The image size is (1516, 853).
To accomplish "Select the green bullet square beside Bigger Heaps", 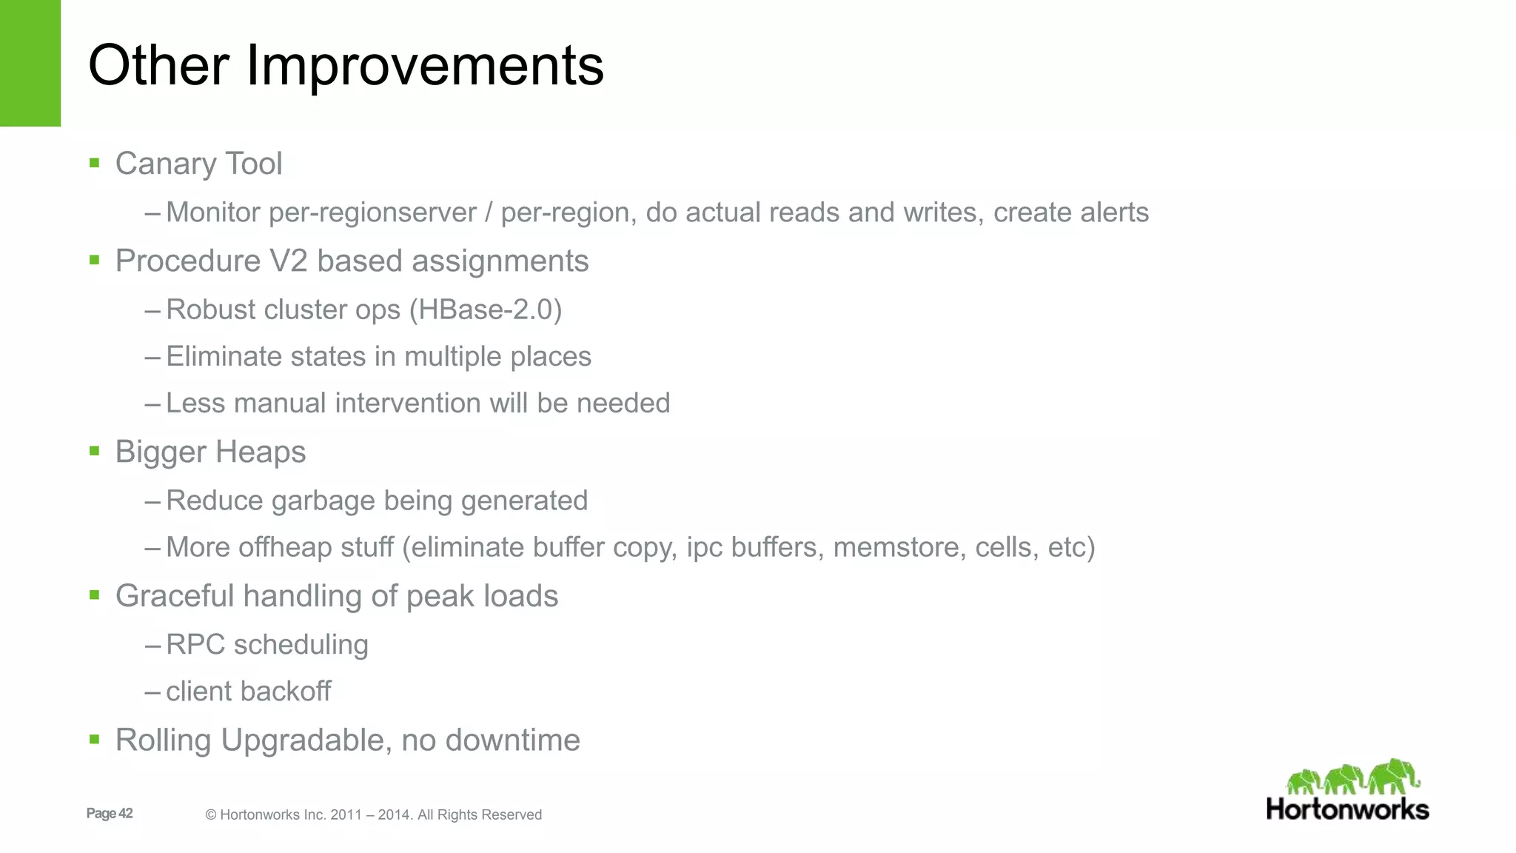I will [94, 451].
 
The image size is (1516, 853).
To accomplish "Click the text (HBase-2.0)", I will [490, 310].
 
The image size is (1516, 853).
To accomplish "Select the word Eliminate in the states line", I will [224, 356].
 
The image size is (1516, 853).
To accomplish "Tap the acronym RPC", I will [195, 644].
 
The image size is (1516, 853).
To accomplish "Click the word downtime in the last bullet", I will [512, 740].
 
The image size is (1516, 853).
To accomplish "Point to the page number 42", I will [126, 813].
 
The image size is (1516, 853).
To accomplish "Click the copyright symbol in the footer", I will [210, 815].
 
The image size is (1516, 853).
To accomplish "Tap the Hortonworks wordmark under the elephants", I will [1347, 809].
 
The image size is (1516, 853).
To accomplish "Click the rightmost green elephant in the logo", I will [1394, 776].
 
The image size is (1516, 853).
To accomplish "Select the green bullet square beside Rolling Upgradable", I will [94, 739].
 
